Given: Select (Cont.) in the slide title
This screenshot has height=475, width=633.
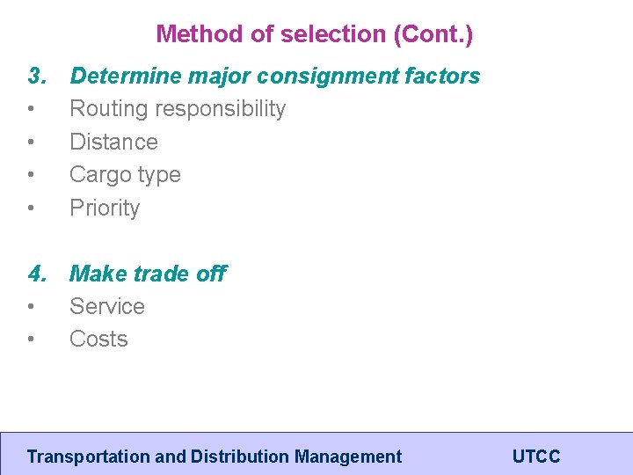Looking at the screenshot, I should [x=433, y=34].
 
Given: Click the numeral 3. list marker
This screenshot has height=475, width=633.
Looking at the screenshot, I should [x=37, y=77].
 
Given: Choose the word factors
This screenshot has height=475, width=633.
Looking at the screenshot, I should [x=442, y=77].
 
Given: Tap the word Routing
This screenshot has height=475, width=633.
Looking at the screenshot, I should [x=106, y=109].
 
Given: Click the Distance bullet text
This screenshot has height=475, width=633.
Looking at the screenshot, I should [x=113, y=142].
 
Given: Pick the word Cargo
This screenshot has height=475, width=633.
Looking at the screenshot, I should [x=98, y=174].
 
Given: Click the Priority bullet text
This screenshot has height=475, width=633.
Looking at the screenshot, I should [x=105, y=208].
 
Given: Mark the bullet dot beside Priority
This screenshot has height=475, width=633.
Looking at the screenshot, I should [x=32, y=208].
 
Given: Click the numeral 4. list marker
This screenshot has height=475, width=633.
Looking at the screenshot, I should [x=37, y=274].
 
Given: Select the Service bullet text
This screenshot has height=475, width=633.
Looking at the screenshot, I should [x=107, y=306].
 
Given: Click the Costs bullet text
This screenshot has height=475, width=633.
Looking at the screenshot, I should [x=98, y=339].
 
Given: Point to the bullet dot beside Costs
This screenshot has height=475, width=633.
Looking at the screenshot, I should [x=32, y=340].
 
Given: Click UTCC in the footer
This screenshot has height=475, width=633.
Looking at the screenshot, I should [x=535, y=457].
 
